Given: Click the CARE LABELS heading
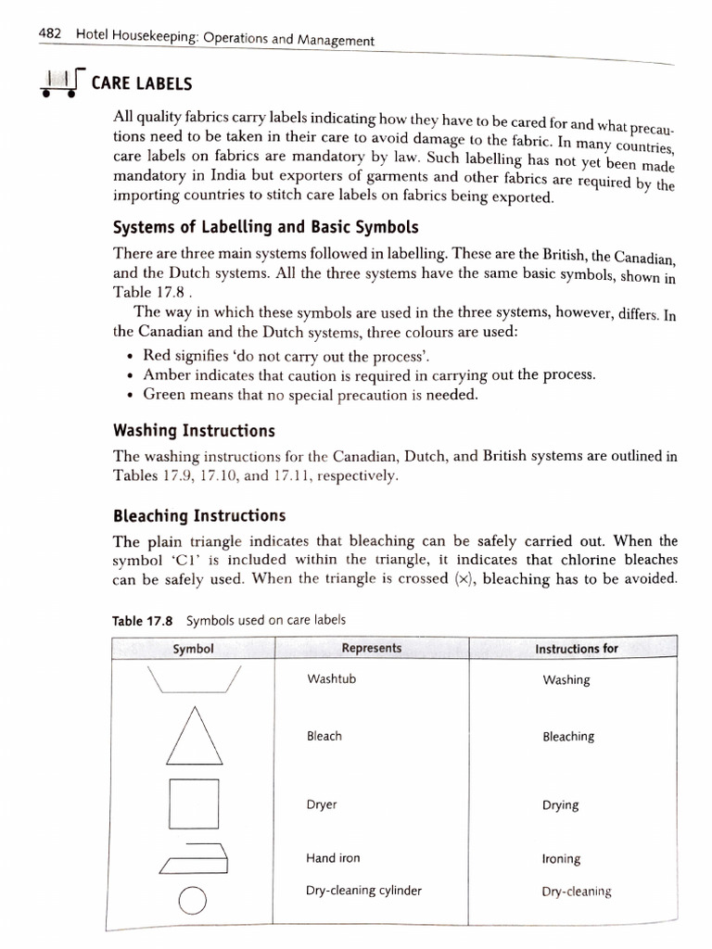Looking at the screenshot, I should (x=141, y=84).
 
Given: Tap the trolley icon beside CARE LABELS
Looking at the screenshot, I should (x=60, y=83).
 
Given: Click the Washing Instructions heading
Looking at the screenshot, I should (x=193, y=431).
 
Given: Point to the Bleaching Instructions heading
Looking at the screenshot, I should (x=198, y=515).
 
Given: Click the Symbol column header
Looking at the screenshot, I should (x=193, y=649).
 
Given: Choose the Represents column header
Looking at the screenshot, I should (x=371, y=649).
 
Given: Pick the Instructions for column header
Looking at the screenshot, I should (x=576, y=649).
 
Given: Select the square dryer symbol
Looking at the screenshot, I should (x=194, y=803).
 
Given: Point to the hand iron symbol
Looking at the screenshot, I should (x=194, y=858).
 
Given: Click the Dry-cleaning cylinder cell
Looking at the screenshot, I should (x=363, y=891).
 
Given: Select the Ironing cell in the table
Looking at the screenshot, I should (x=561, y=859).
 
